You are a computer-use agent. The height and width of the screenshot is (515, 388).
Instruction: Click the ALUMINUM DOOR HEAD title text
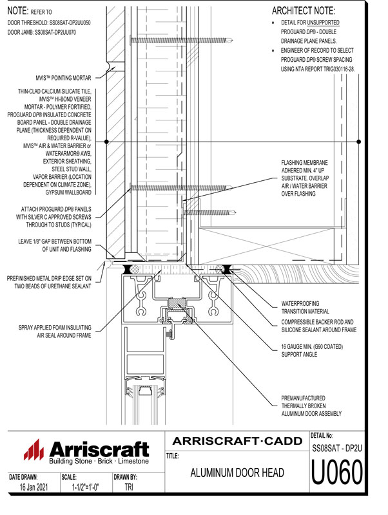click(x=237, y=474)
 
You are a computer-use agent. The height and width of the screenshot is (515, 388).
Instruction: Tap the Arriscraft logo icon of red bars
click(x=33, y=450)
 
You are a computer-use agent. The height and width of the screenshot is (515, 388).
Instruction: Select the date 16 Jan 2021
click(x=30, y=488)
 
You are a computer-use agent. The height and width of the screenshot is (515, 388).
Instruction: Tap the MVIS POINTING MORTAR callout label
click(x=55, y=77)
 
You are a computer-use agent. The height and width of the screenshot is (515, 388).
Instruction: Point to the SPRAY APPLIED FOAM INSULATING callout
click(x=54, y=332)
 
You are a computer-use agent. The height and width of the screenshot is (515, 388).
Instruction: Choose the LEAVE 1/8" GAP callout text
click(x=54, y=245)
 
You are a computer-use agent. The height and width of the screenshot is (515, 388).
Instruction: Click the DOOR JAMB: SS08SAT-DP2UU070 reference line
click(x=42, y=32)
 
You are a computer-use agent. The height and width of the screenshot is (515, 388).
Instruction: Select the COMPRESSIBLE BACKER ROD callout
click(x=319, y=325)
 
